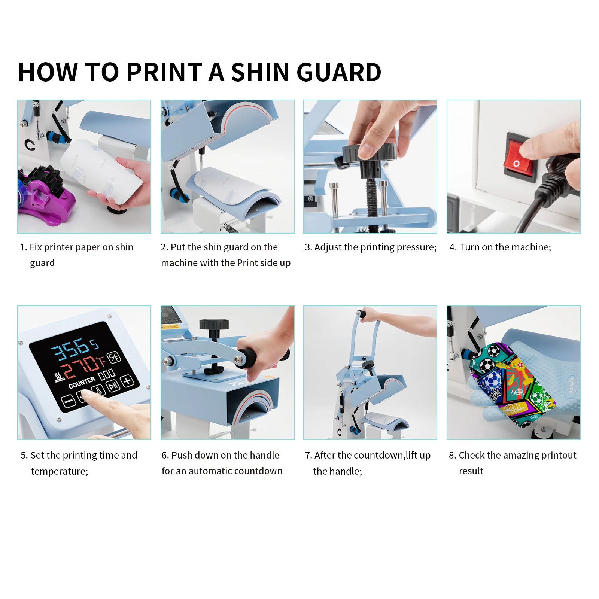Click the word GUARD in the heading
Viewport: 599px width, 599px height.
(x=339, y=72)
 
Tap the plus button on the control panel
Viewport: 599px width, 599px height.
(x=128, y=381)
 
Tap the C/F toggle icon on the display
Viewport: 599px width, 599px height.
(x=113, y=358)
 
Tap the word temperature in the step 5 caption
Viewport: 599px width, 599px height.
(x=59, y=471)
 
